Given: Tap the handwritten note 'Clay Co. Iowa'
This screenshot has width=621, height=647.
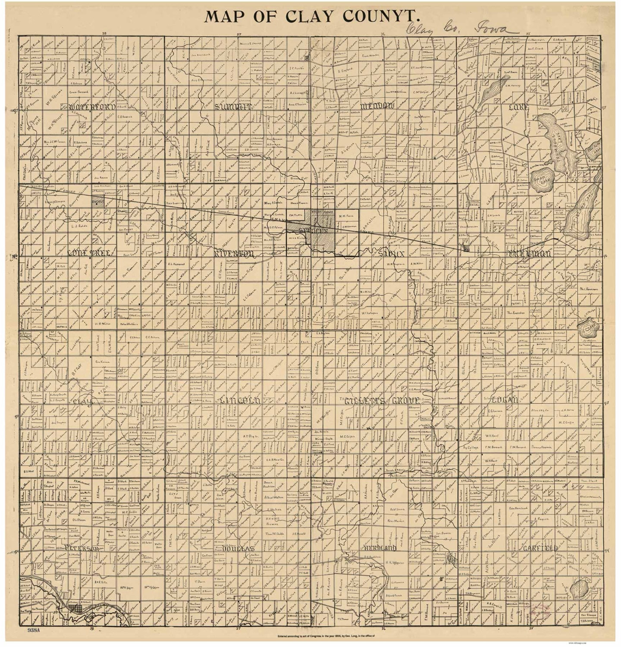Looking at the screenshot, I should tap(457, 29).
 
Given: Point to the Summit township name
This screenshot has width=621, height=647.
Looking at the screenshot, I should tap(232, 107).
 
